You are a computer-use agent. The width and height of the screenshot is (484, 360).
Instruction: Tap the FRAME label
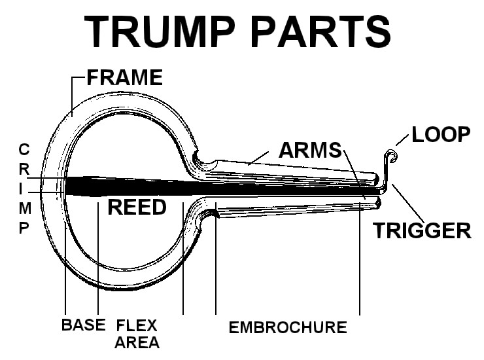[x=124, y=78]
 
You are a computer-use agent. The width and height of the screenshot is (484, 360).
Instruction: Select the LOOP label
[x=441, y=135]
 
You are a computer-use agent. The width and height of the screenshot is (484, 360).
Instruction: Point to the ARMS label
[x=310, y=150]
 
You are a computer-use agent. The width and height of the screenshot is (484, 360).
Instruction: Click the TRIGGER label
[x=422, y=230]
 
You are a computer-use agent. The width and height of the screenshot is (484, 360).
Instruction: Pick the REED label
[x=137, y=207]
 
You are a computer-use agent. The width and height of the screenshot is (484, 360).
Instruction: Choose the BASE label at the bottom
[x=84, y=325]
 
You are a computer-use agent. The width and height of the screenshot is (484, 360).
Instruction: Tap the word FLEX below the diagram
[x=137, y=325]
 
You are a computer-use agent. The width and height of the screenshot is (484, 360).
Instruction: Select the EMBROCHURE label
[x=287, y=327]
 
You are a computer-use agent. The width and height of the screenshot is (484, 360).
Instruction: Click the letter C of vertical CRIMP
[x=24, y=149]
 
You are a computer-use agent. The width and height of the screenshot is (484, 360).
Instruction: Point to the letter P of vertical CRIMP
[x=24, y=228]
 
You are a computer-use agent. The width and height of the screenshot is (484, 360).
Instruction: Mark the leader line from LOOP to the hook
[x=403, y=141]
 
